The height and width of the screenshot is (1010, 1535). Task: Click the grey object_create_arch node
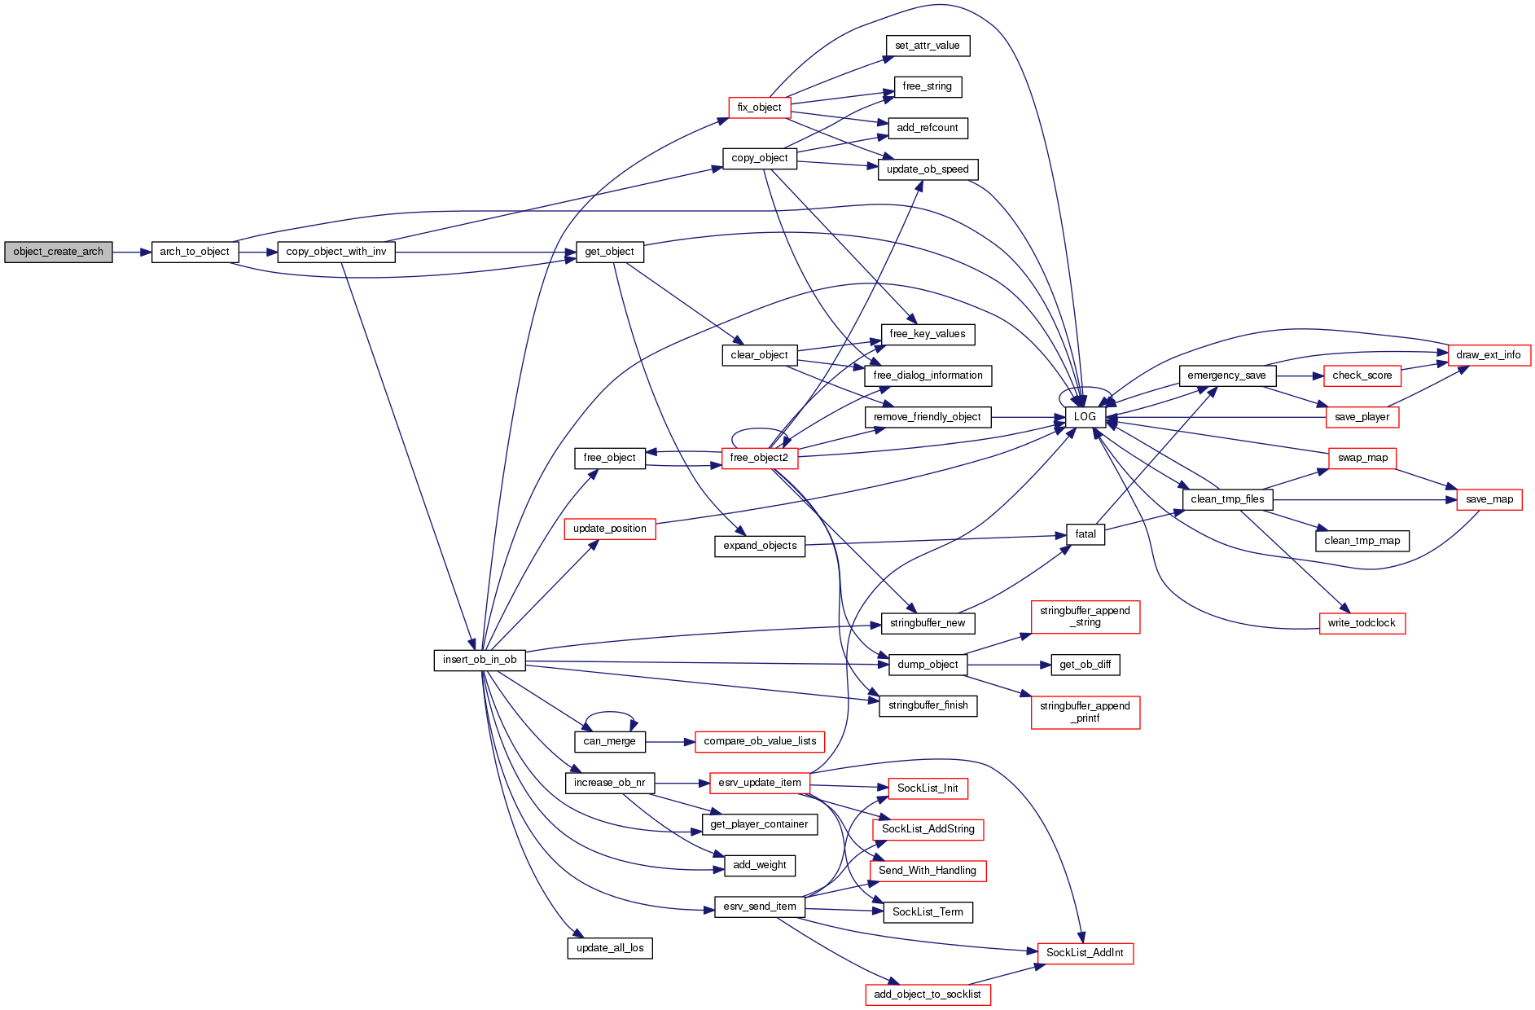click(x=58, y=252)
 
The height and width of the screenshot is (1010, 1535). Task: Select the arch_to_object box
click(x=195, y=252)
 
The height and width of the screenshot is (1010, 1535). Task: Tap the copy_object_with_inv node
click(x=336, y=252)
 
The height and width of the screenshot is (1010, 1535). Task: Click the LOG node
click(x=1085, y=417)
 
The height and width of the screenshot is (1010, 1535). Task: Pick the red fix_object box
click(x=759, y=108)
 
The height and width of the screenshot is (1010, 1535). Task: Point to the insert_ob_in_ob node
click(x=480, y=660)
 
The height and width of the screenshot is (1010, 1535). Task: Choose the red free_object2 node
click(x=759, y=458)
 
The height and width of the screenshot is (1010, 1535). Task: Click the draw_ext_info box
click(x=1489, y=355)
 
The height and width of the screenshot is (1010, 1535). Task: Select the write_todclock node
click(x=1362, y=623)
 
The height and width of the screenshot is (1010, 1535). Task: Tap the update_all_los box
click(x=610, y=948)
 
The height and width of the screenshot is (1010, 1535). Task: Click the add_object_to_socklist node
click(x=928, y=995)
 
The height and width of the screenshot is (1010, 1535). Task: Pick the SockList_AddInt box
click(x=1085, y=953)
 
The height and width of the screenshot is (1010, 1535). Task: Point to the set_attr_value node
click(x=928, y=46)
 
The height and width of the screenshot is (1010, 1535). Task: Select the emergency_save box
click(x=1226, y=375)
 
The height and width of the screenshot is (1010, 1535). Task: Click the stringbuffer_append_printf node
click(x=1085, y=712)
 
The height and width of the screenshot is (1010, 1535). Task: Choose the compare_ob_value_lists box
click(x=760, y=741)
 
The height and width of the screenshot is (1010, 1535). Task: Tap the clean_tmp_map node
click(x=1362, y=541)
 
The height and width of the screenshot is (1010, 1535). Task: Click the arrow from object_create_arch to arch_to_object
click(x=132, y=253)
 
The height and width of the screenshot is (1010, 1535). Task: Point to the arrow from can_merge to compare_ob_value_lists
click(x=670, y=742)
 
